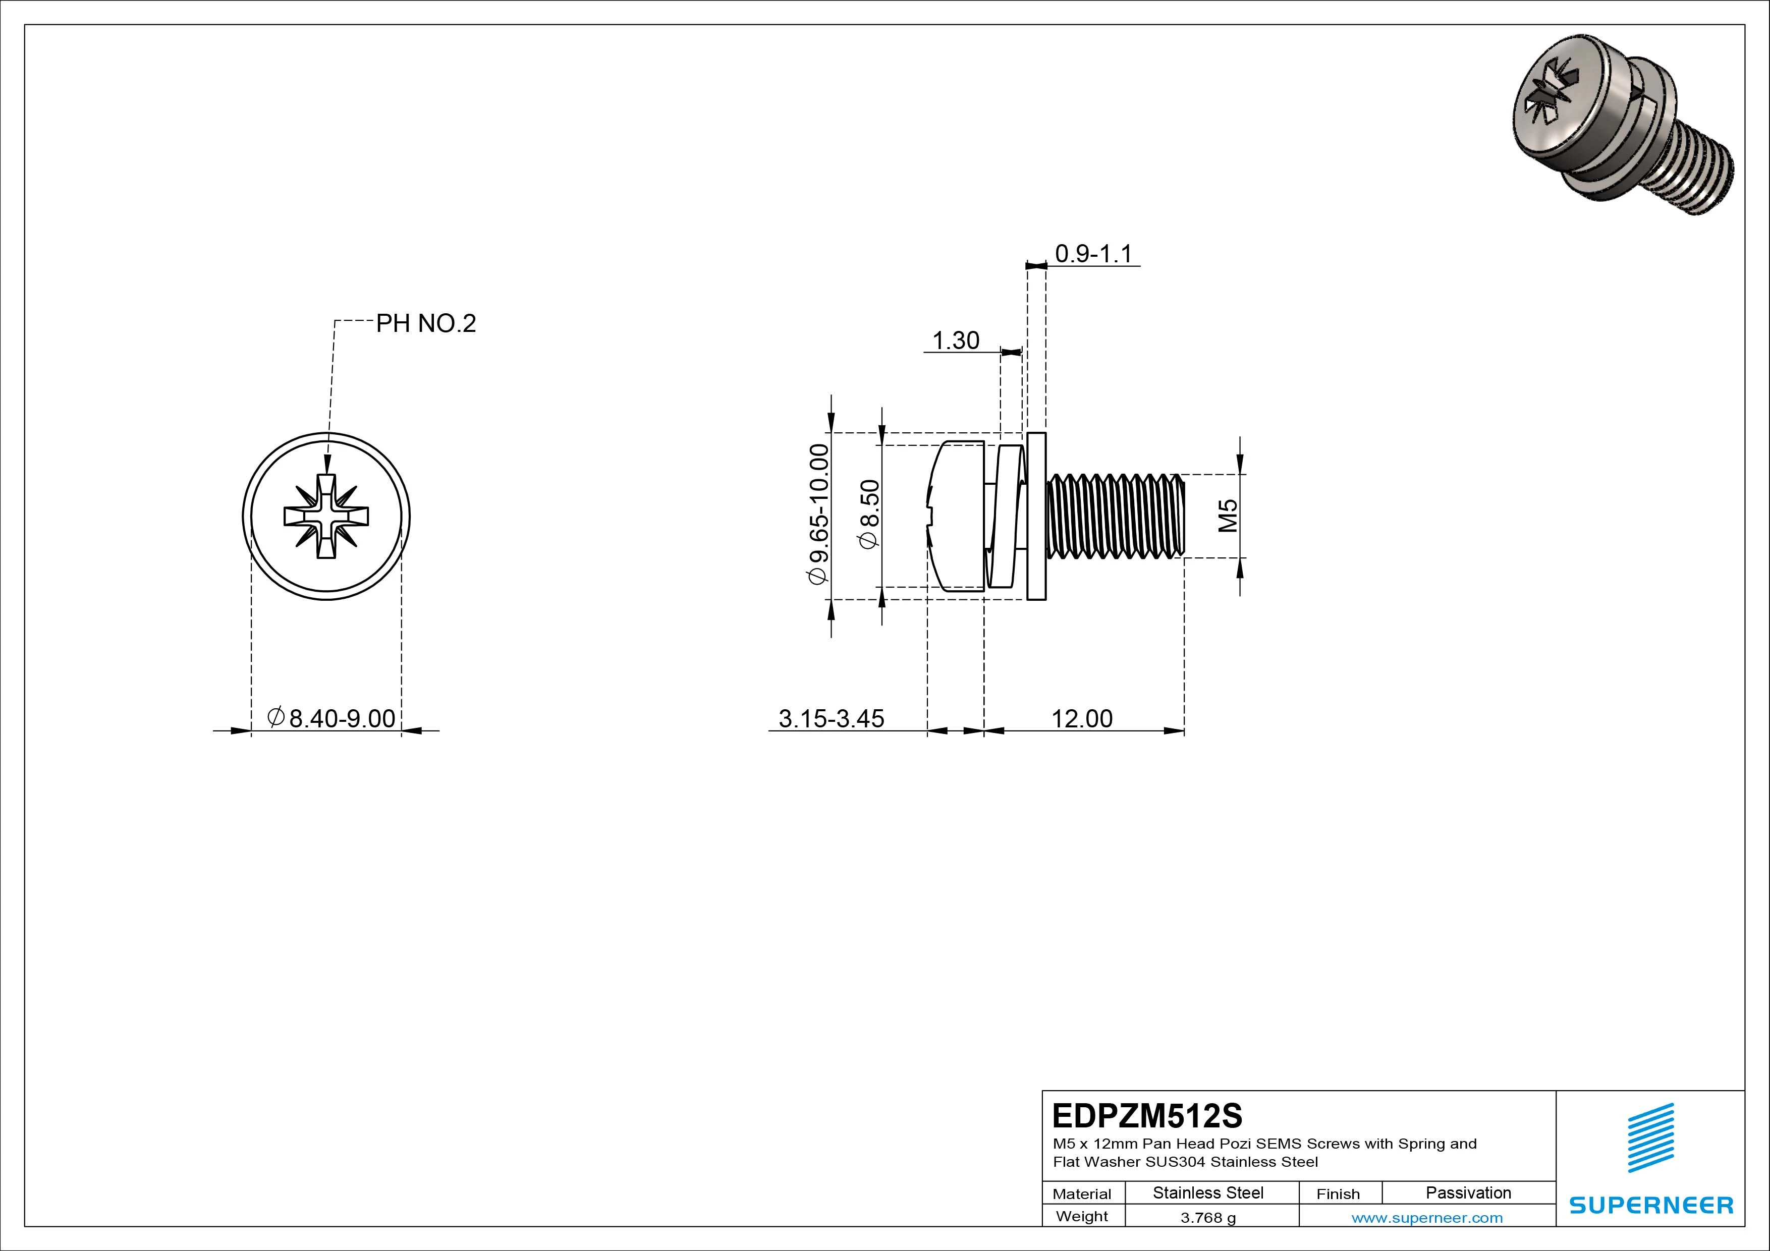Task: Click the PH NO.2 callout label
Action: pyautogui.click(x=425, y=324)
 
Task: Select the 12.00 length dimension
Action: pyautogui.click(x=1082, y=718)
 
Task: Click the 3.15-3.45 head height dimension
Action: pyautogui.click(x=831, y=718)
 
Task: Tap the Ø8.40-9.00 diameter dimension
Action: pyautogui.click(x=331, y=718)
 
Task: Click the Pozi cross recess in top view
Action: pyautogui.click(x=326, y=516)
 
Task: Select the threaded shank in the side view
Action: pyautogui.click(x=1116, y=516)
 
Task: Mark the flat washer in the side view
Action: pyautogui.click(x=1037, y=516)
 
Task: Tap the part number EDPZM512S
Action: pyautogui.click(x=1147, y=1115)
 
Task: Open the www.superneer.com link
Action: pyautogui.click(x=1426, y=1218)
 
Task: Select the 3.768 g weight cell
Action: pyautogui.click(x=1208, y=1218)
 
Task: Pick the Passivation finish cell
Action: pyautogui.click(x=1468, y=1192)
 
